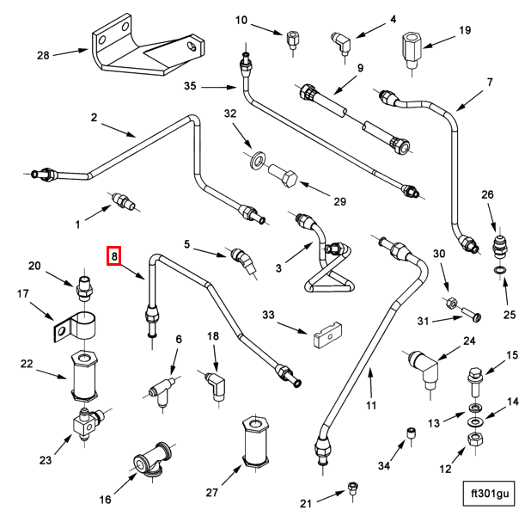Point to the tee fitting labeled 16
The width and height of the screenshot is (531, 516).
point(148,462)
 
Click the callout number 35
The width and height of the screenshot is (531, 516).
point(190,85)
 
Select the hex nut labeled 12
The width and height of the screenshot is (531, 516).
point(473,440)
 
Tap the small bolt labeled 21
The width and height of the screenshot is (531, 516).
point(352,489)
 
